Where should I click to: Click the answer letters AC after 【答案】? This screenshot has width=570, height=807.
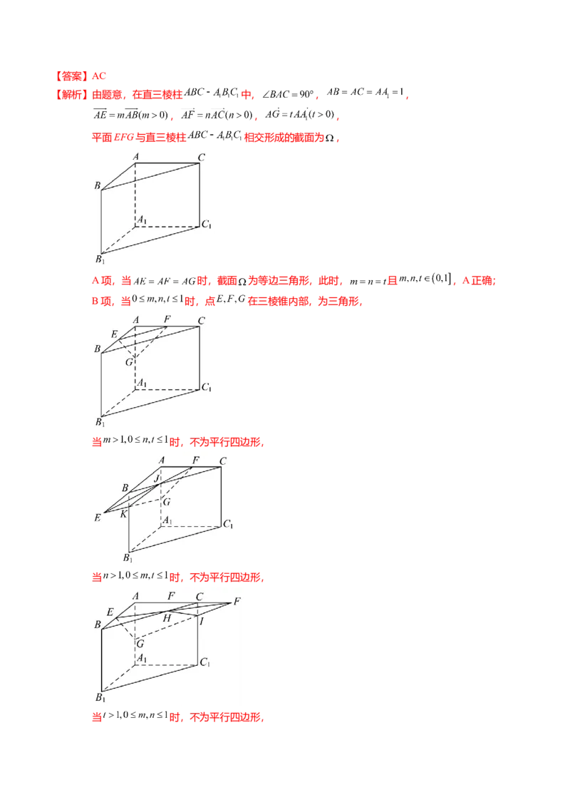[x=99, y=76]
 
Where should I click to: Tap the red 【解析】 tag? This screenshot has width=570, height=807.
[x=71, y=95]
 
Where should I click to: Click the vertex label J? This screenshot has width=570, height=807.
[x=157, y=478]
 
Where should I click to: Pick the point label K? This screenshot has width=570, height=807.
[x=123, y=513]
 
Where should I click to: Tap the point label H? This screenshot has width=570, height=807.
[x=167, y=618]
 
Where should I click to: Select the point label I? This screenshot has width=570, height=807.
[x=202, y=622]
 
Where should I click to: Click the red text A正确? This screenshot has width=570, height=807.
[x=478, y=280]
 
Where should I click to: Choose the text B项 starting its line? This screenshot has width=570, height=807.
[x=102, y=301]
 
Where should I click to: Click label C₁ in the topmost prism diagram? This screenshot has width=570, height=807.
[x=207, y=224]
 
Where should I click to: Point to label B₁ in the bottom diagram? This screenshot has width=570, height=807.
[x=100, y=697]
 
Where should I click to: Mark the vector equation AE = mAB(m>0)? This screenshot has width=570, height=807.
[x=130, y=114]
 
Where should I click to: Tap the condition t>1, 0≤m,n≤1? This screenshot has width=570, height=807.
[x=135, y=715]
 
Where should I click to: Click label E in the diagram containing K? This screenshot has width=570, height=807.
[x=97, y=518]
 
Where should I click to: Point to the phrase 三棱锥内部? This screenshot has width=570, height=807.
[x=279, y=301]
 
